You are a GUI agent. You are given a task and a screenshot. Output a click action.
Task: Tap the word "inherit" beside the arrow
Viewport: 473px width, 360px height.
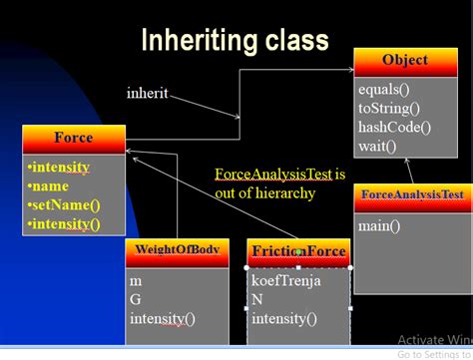click(147, 94)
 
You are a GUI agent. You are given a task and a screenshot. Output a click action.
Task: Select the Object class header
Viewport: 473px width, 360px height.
click(404, 61)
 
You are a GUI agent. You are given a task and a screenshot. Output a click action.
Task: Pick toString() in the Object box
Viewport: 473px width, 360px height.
click(390, 108)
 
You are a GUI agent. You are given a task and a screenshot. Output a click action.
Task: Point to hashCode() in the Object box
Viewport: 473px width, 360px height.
click(394, 127)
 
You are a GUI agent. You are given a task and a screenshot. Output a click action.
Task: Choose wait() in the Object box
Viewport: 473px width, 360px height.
click(377, 146)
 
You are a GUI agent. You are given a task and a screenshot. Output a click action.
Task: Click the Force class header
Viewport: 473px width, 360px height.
click(74, 139)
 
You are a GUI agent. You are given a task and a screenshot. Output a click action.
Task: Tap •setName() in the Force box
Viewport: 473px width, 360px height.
click(65, 204)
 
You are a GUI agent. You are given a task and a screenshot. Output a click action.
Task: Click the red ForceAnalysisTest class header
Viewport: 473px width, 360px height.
click(412, 194)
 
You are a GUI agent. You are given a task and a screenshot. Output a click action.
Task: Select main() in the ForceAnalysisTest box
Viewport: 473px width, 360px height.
click(379, 225)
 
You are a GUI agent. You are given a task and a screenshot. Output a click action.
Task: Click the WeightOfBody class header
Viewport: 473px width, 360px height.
click(177, 249)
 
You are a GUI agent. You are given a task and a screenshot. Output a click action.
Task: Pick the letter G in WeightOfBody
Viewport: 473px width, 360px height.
click(136, 300)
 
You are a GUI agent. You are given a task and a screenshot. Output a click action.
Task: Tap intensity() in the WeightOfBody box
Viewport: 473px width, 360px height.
click(163, 319)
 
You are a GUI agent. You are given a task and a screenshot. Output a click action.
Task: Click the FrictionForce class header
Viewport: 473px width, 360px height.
click(298, 251)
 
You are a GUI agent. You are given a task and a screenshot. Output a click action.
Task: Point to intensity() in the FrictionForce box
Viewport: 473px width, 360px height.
click(284, 319)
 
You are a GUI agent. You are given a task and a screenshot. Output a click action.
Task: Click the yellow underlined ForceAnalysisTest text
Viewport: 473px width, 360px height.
click(273, 174)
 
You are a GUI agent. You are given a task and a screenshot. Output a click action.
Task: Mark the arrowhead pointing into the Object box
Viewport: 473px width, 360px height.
click(349, 70)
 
